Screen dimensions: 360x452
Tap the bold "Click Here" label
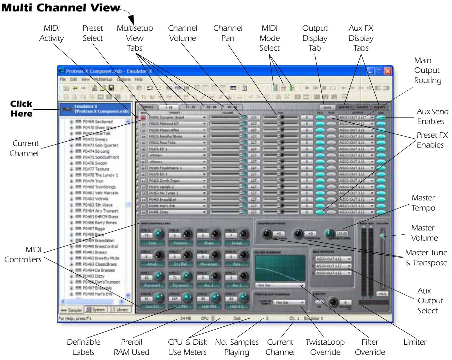[x=21, y=109]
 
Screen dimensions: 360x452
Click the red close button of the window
[x=387, y=70]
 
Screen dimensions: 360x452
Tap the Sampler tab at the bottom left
[x=71, y=310]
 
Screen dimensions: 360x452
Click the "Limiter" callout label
[x=415, y=342]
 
